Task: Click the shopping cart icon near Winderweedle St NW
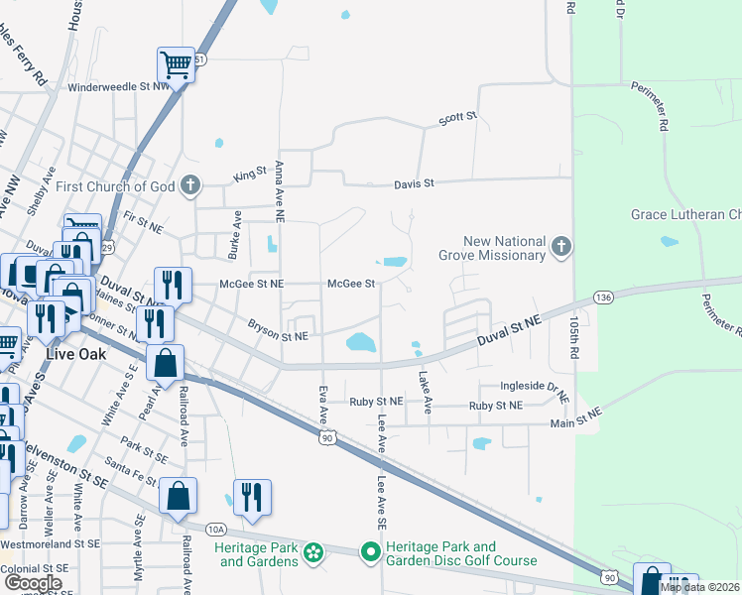coord(176,66)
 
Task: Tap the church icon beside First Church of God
coord(190,185)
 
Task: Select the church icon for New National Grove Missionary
coord(560,248)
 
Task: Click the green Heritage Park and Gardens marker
coord(313,552)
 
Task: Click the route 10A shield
coord(217,530)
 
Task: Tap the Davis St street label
coord(415,183)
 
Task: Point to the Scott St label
coord(458,118)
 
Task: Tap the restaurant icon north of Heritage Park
coord(250,498)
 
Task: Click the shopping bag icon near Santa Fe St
coord(178,497)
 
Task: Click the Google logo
coord(34,583)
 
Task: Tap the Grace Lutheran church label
coord(685,214)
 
